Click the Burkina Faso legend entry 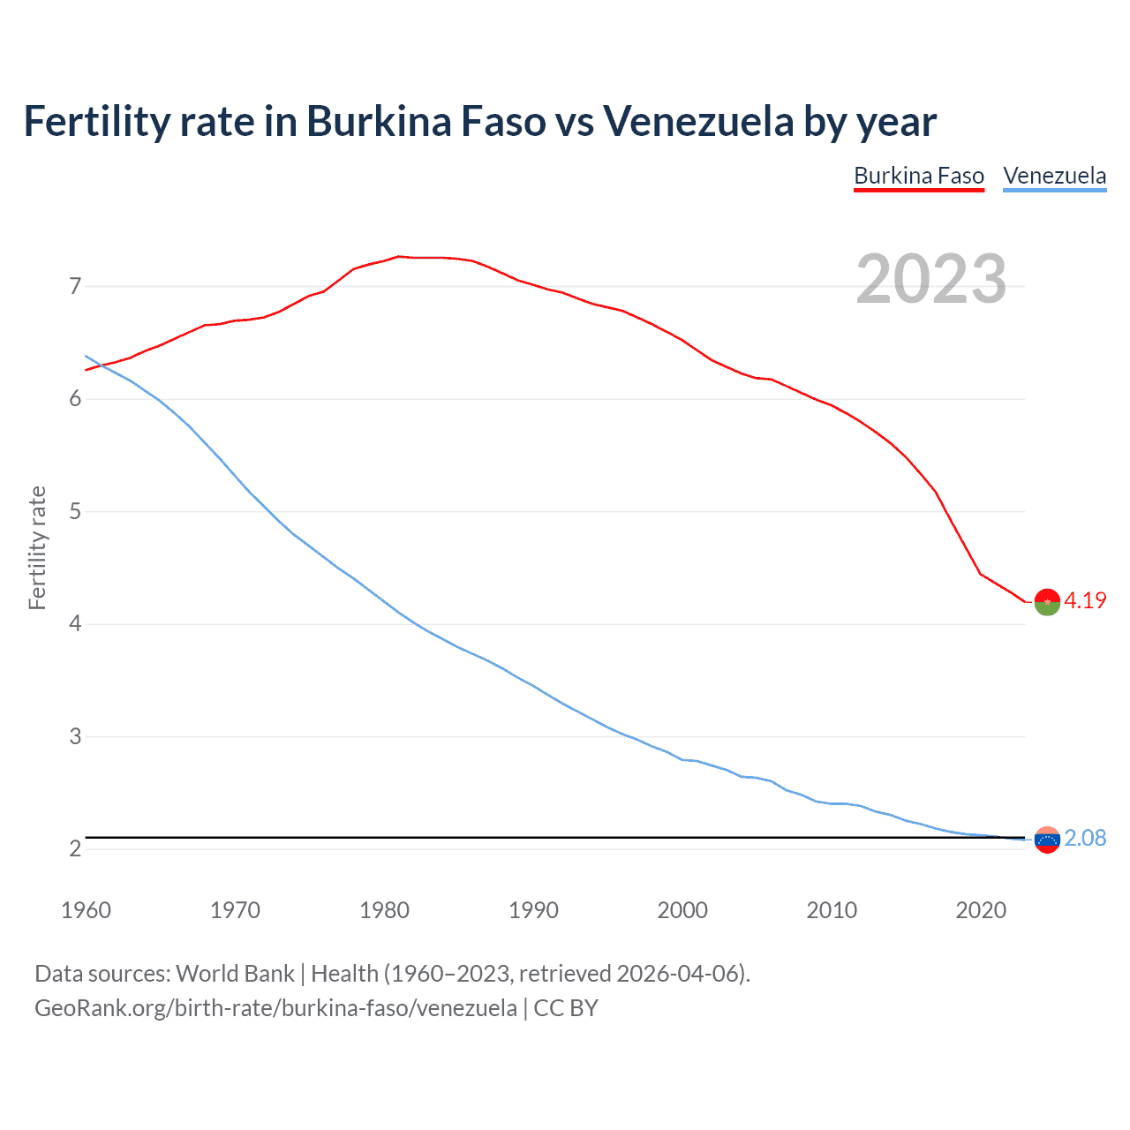click(918, 176)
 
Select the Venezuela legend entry click(1054, 176)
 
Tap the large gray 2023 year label click(930, 279)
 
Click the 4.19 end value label click(1085, 600)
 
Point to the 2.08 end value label click(1085, 838)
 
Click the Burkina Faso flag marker click(1047, 601)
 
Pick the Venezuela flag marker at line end click(1047, 840)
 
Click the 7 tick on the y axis click(75, 286)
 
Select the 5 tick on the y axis click(75, 511)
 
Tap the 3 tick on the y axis click(75, 736)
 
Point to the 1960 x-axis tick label click(86, 910)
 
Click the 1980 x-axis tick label click(384, 910)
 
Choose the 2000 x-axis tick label click(682, 910)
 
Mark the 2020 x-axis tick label click(981, 910)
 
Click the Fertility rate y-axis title click(37, 547)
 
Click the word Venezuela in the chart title click(698, 121)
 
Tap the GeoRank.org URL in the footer click(275, 1007)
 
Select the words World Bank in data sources click(235, 973)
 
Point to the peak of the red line click(399, 256)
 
